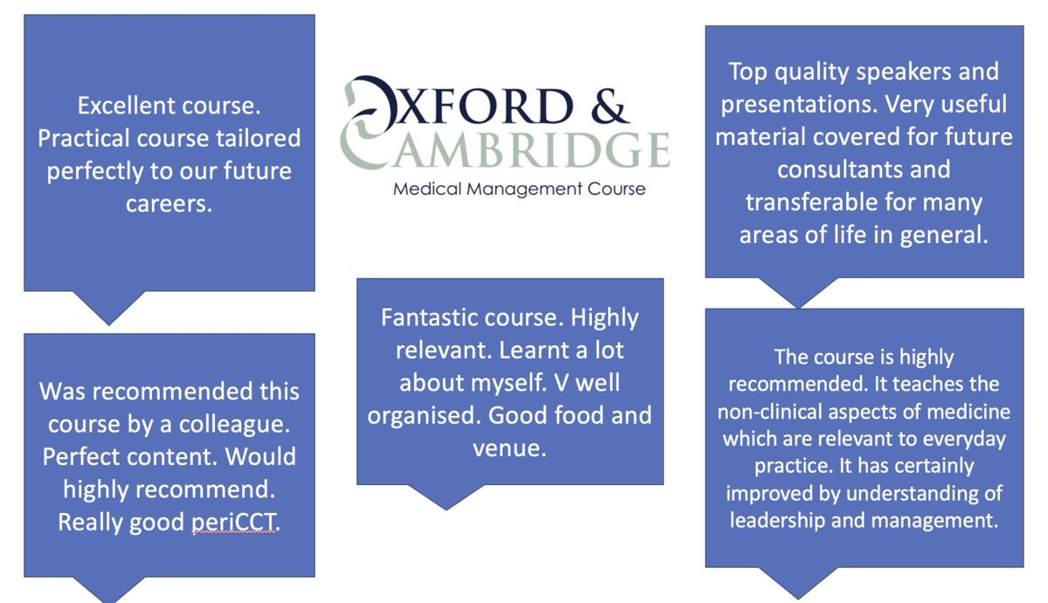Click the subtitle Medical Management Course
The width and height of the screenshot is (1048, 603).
coord(520,188)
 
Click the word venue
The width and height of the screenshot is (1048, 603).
coord(510,448)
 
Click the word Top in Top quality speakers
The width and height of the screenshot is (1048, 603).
coord(748,72)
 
